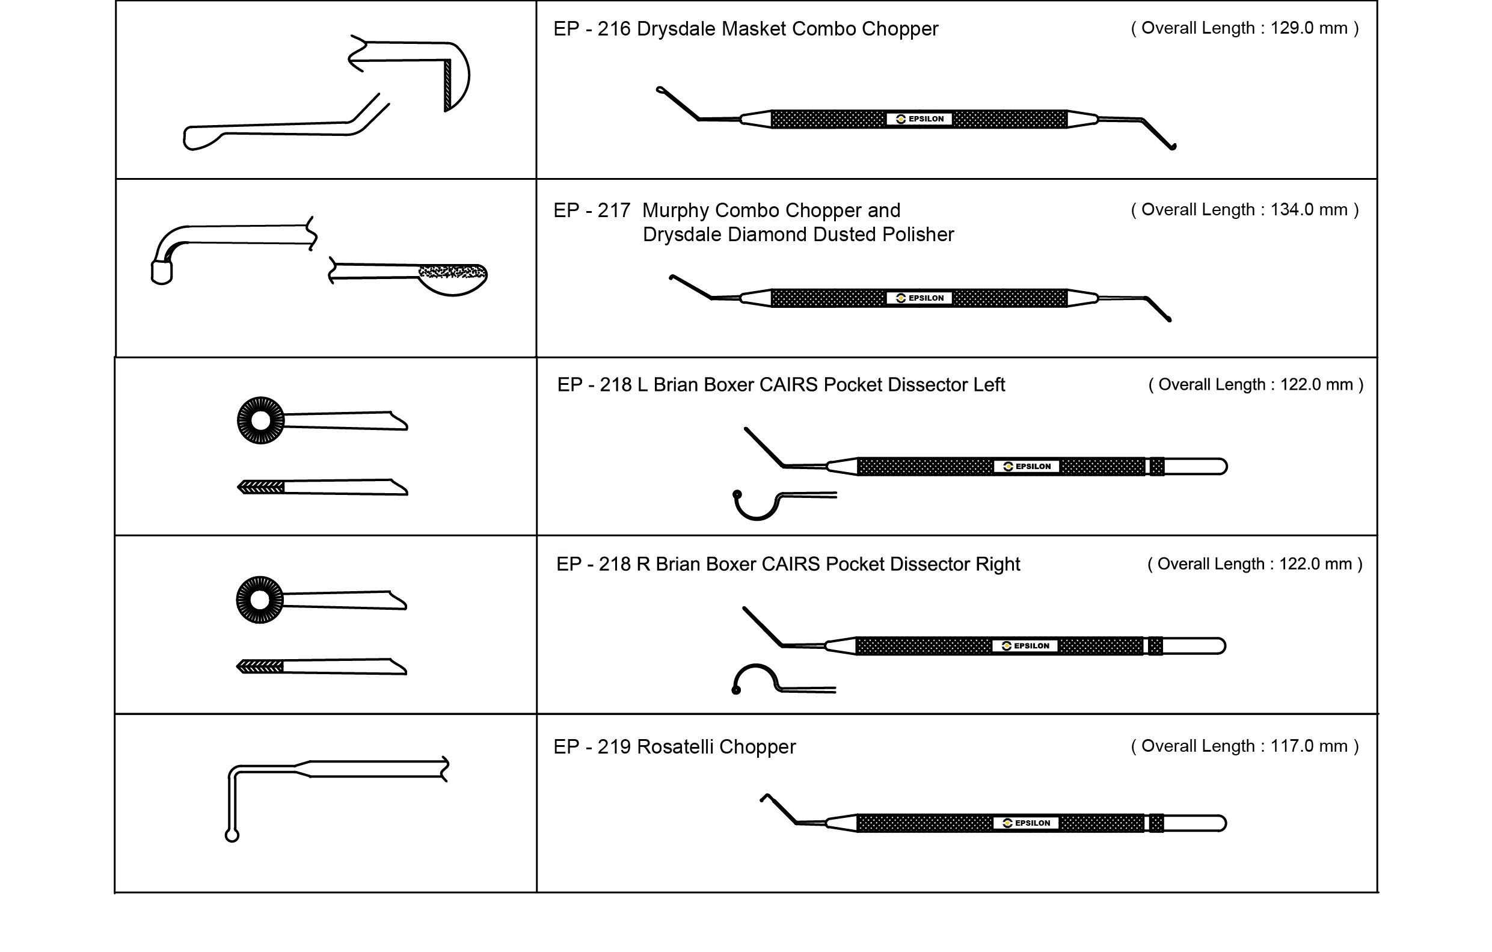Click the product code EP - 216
(592, 29)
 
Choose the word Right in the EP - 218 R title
(997, 564)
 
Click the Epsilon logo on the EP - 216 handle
(919, 119)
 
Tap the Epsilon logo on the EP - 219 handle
(1026, 823)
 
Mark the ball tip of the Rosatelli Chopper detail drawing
(232, 836)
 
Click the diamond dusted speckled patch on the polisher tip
(452, 271)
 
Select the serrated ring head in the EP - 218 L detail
(261, 421)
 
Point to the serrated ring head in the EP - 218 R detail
(260, 600)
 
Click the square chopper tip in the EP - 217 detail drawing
(162, 272)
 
